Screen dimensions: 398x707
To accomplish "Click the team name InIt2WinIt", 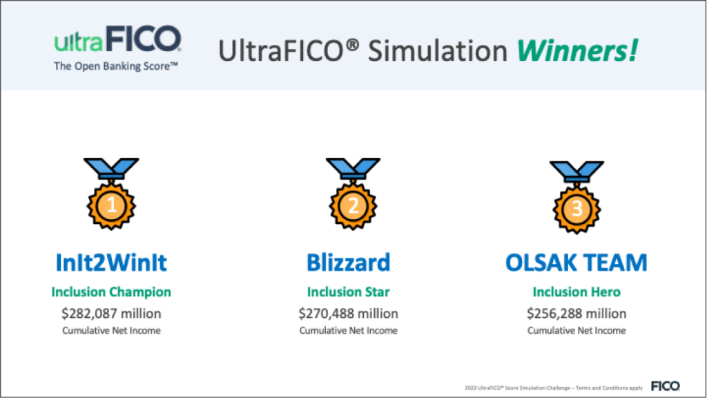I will coord(111,263).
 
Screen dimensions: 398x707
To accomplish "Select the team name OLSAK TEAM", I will coord(577,263).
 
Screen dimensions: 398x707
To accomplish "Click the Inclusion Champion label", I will coord(111,292).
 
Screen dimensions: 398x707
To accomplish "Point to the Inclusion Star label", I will coord(348,292).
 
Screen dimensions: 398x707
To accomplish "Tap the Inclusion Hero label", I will coord(577,292).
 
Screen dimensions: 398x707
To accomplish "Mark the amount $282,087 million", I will coord(111,313).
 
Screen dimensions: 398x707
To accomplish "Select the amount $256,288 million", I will coord(577,313).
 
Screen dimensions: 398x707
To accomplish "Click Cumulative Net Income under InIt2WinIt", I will coord(111,330).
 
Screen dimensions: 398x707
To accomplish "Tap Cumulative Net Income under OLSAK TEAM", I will coord(577,330).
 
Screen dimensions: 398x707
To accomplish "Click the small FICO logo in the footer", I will coord(666,386).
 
